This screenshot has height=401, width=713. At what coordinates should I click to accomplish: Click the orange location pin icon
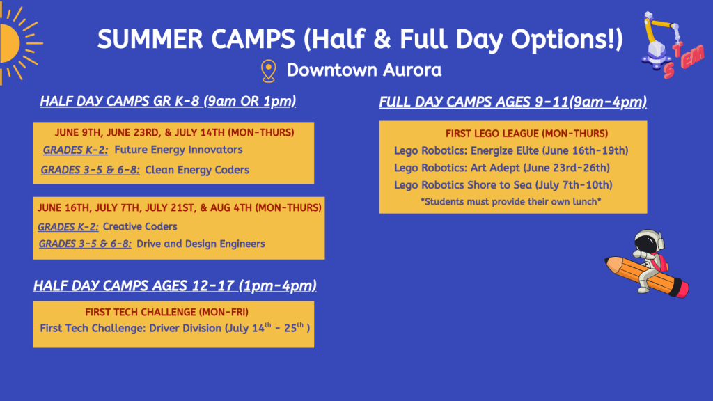click(x=268, y=71)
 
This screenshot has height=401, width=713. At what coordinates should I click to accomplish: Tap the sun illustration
click(x=14, y=44)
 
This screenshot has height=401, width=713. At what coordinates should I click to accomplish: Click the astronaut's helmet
click(x=650, y=240)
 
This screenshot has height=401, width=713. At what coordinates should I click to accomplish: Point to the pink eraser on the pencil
click(x=680, y=289)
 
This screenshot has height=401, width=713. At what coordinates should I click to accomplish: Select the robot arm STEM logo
click(x=672, y=45)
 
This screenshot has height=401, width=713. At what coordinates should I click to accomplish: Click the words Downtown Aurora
click(x=363, y=70)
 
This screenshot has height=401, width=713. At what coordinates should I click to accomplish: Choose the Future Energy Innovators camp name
click(x=178, y=150)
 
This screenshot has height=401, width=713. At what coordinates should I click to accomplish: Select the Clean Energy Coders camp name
click(x=197, y=170)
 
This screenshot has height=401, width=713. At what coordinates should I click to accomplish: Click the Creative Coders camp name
click(x=139, y=226)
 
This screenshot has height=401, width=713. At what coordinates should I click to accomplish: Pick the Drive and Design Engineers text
click(x=201, y=244)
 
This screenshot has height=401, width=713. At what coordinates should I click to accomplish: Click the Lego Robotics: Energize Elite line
click(x=511, y=150)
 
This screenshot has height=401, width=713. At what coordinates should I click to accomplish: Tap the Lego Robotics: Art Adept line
click(x=501, y=168)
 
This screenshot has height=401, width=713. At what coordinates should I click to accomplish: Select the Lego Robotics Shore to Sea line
click(x=503, y=185)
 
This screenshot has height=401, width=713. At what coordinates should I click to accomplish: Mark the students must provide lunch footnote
click(x=510, y=201)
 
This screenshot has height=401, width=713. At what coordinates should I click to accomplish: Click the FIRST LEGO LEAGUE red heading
click(x=526, y=133)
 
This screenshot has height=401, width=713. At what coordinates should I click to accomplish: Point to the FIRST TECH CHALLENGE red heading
click(x=166, y=312)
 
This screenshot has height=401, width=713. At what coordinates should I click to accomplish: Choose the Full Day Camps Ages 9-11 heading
click(x=513, y=102)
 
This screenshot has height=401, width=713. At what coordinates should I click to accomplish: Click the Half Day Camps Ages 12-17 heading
click(x=175, y=285)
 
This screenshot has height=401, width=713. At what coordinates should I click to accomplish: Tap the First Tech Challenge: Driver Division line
click(x=175, y=328)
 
